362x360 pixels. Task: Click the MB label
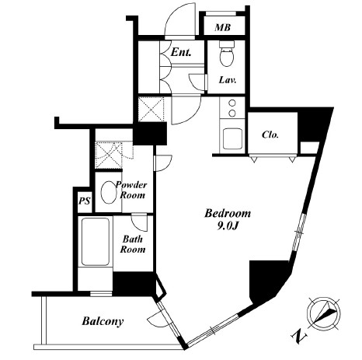(x=222, y=27)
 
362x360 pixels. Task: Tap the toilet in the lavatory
(x=227, y=54)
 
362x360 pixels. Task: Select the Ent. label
(x=181, y=52)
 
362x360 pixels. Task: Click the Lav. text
(x=228, y=80)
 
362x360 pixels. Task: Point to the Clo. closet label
(x=270, y=135)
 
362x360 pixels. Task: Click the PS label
(x=85, y=201)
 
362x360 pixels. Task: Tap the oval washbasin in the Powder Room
(x=109, y=192)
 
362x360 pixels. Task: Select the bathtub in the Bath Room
(x=96, y=242)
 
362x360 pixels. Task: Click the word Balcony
(x=103, y=321)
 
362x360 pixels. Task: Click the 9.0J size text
(x=228, y=226)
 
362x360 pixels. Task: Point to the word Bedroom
(x=228, y=213)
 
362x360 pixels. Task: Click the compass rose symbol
(x=324, y=313)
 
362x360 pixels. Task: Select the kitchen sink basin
(x=232, y=138)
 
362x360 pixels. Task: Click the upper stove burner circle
(x=232, y=103)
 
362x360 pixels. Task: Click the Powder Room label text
(x=131, y=190)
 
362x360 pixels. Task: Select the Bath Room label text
(x=133, y=244)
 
